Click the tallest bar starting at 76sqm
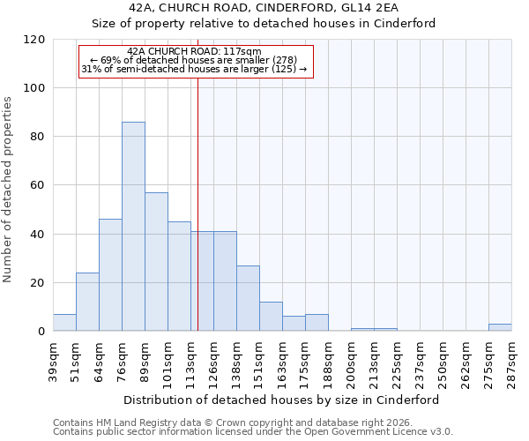coord(133,227)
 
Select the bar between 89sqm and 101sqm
coord(156,262)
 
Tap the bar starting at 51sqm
coord(87,302)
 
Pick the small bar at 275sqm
coord(500,327)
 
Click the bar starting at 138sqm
coord(248,298)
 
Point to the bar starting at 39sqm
coord(64,323)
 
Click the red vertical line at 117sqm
coord(197,203)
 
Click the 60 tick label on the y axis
coord(38,185)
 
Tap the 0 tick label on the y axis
coord(41,332)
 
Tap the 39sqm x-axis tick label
coord(53,358)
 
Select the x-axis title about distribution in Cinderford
coord(281,400)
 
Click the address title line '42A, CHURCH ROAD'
coord(281,8)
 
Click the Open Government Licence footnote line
coord(252,432)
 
